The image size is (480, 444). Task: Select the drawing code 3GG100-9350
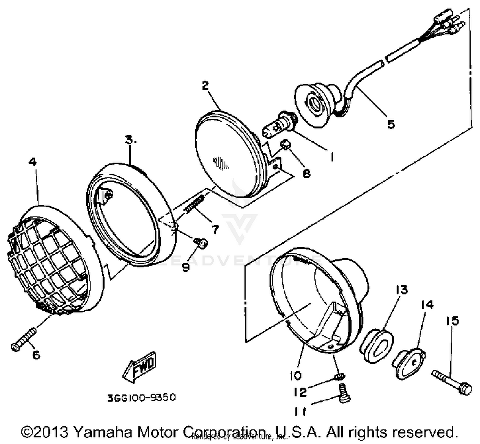click(141, 398)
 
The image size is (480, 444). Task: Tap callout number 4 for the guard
click(33, 162)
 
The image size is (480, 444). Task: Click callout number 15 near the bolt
click(452, 320)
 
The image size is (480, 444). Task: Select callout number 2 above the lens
click(205, 85)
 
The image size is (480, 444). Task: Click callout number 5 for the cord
click(391, 124)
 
